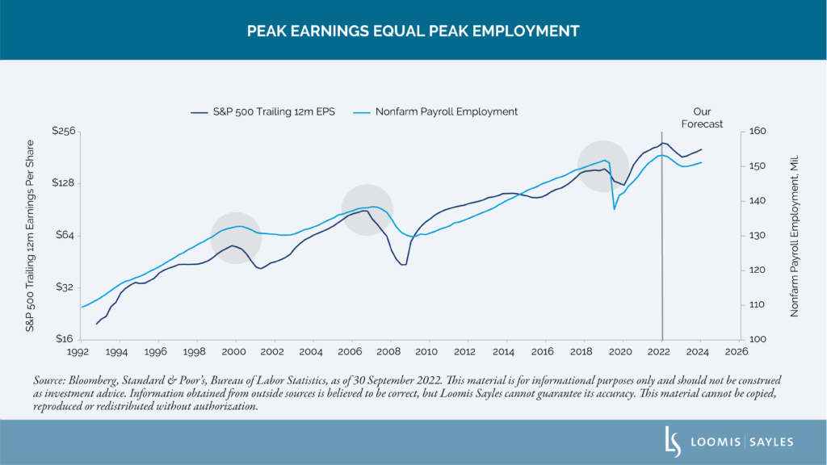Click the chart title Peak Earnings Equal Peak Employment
point(413,31)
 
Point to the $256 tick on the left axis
point(64,131)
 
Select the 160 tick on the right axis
point(758,131)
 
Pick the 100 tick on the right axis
point(758,339)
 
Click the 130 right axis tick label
point(758,235)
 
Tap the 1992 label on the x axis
point(78,353)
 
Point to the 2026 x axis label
point(737,353)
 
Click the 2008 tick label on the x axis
point(388,353)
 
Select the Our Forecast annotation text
point(701,118)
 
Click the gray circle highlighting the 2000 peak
point(236,238)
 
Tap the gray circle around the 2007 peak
point(367,209)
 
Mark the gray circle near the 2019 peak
point(603,165)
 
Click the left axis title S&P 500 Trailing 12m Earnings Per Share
point(30,235)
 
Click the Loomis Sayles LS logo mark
point(669,442)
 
